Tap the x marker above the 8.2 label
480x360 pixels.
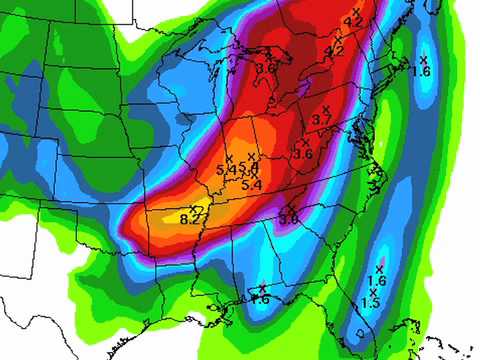pos(193,207)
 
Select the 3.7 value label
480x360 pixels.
pos(322,119)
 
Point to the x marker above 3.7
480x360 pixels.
pos(325,107)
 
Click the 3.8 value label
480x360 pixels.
pos(289,218)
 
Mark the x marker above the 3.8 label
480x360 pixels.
pos(291,207)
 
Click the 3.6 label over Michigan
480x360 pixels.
pos(265,68)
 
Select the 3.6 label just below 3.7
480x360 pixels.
pos(303,154)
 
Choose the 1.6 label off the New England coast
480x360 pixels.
pos(420,72)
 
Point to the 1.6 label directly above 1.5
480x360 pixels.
pos(377,280)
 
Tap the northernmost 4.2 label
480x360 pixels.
pos(353,22)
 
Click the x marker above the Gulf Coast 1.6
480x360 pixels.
pos(263,288)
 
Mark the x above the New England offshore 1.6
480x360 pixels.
pos(424,60)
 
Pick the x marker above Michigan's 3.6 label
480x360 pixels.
pos(268,57)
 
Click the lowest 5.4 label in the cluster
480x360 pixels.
pos(252,185)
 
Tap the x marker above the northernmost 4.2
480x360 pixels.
pos(357,11)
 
